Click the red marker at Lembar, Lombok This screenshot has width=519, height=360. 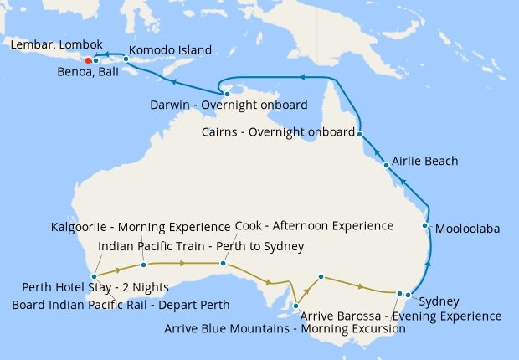(88, 59)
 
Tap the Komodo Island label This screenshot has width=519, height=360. (171, 50)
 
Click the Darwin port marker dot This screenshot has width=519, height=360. (227, 94)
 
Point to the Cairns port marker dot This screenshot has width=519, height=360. (359, 133)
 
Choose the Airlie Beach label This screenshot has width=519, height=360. (424, 161)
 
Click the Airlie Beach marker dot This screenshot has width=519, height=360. (386, 165)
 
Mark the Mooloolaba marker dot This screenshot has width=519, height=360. (425, 226)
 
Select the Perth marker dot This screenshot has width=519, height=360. (95, 275)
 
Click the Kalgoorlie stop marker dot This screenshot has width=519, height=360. (144, 265)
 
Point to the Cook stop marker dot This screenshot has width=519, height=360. (223, 263)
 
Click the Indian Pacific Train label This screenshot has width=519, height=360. (201, 245)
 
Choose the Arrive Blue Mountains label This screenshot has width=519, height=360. (285, 329)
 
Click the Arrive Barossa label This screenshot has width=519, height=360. (400, 316)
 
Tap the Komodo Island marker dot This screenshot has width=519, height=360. (126, 59)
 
